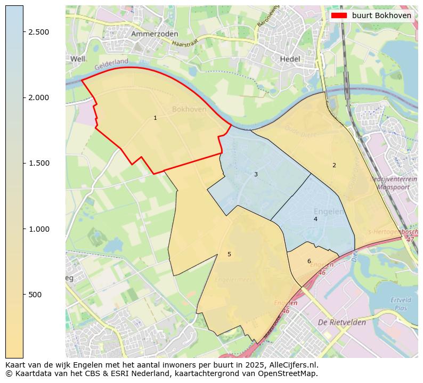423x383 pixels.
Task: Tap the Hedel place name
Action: (x=290, y=59)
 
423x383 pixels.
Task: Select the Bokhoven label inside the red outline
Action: (x=189, y=110)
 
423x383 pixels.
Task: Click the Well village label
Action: (x=78, y=59)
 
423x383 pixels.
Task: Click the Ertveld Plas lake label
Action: (x=401, y=304)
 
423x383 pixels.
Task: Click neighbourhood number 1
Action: (x=155, y=118)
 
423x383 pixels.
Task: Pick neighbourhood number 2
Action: (x=334, y=165)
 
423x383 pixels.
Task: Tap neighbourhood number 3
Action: (x=256, y=174)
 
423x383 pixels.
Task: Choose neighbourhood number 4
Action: (x=315, y=219)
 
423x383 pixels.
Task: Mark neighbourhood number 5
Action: (x=229, y=254)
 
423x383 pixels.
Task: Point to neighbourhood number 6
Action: (x=309, y=261)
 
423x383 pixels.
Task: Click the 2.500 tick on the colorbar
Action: (x=38, y=32)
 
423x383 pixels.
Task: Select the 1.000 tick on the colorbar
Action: (x=38, y=229)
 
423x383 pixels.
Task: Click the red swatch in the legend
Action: (x=339, y=15)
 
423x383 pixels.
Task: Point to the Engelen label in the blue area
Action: (x=329, y=211)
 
